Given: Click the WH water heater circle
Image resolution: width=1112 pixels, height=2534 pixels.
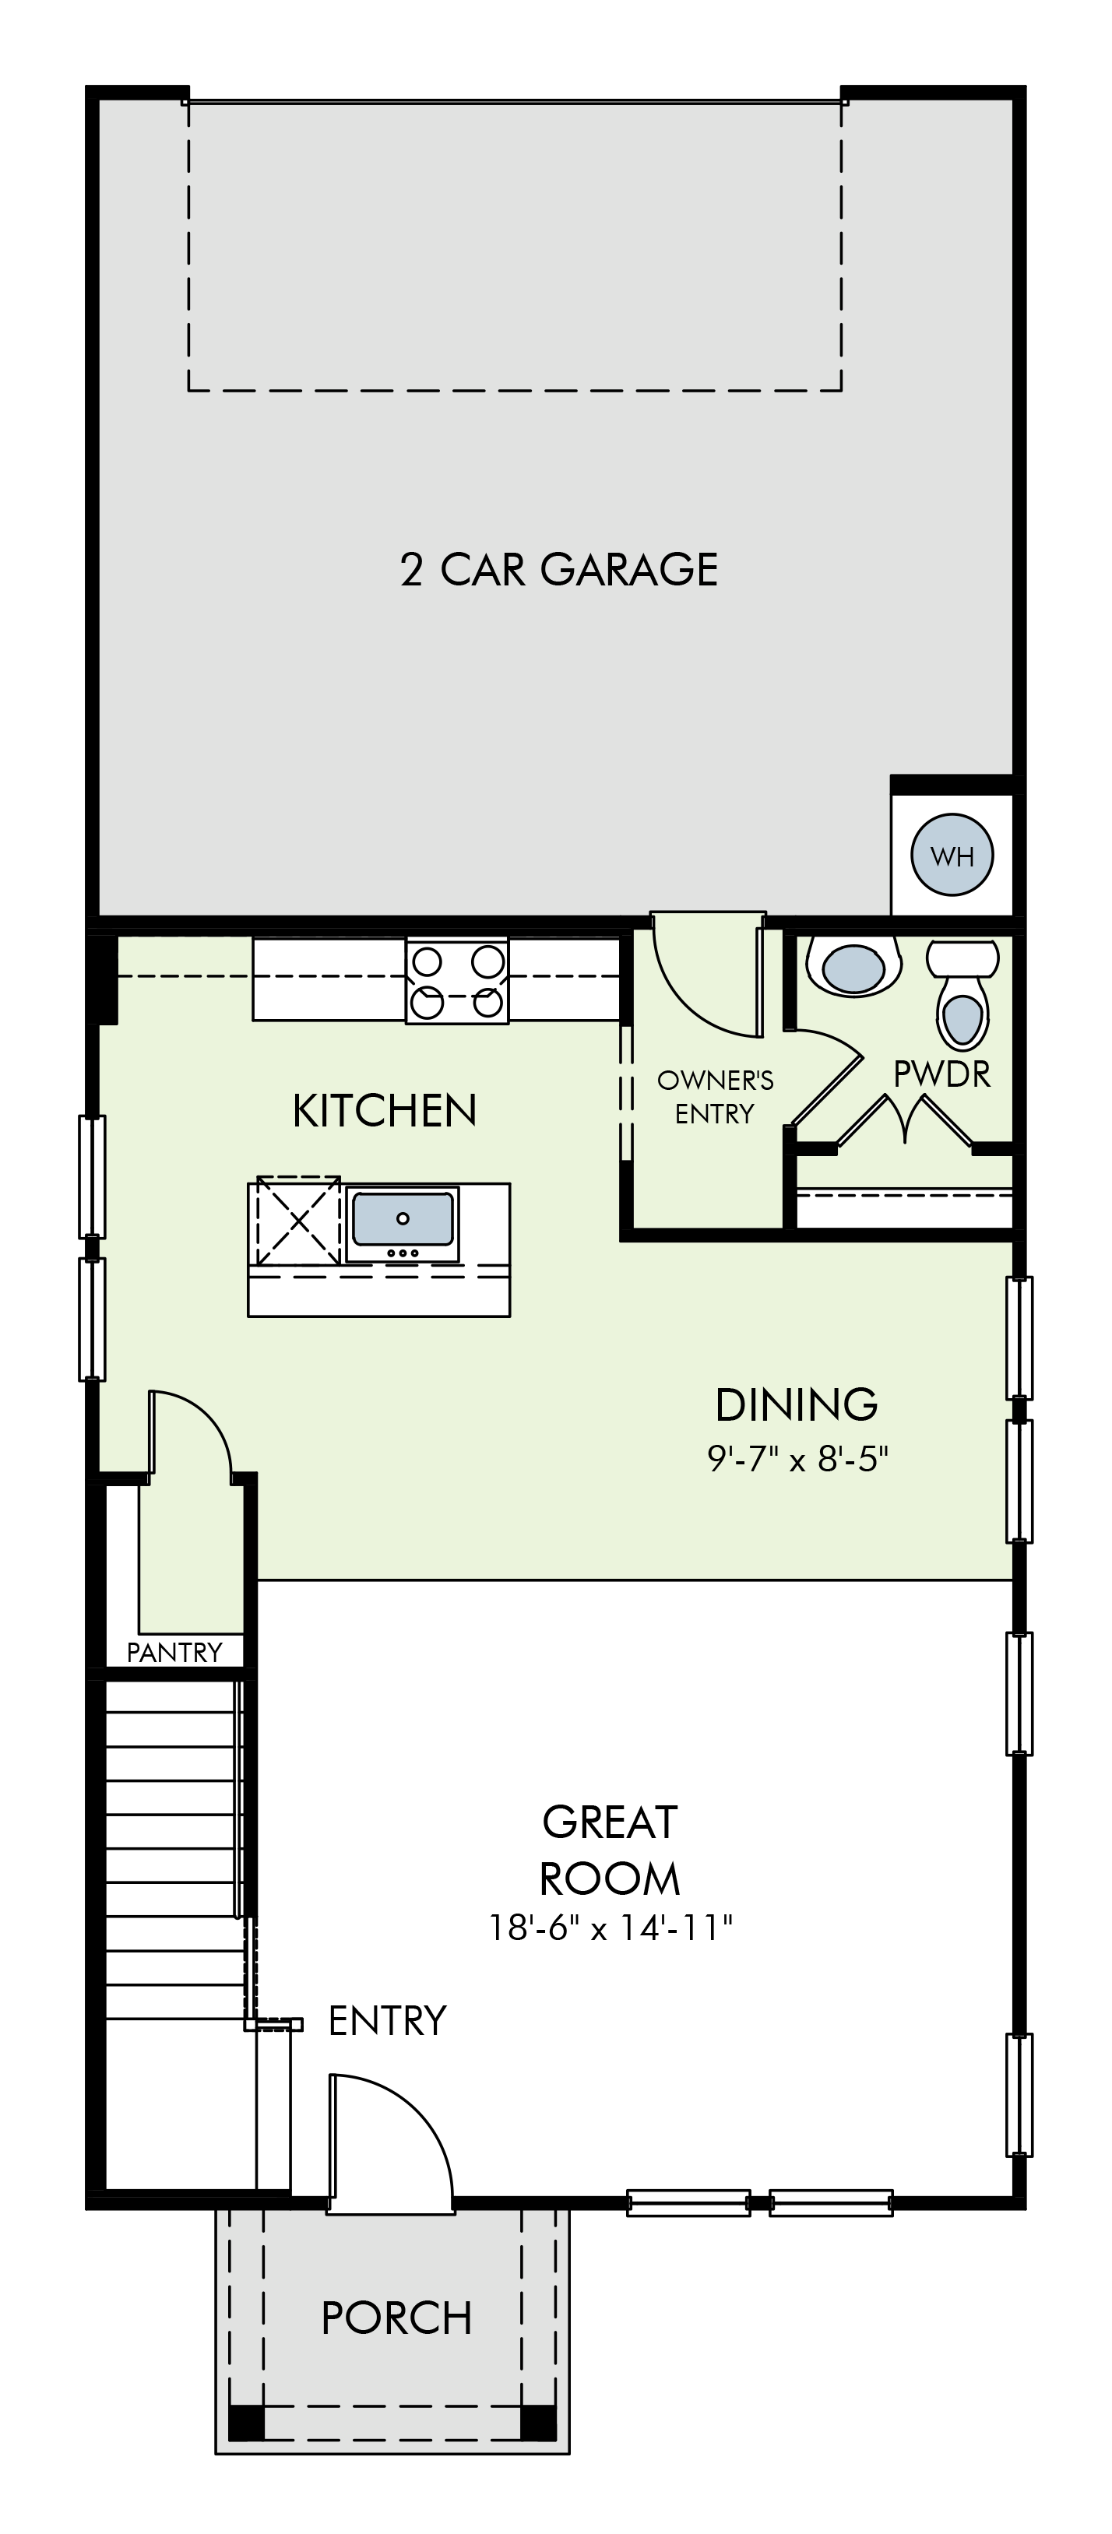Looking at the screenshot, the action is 952,855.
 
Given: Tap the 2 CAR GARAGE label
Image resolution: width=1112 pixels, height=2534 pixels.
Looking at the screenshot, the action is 559,570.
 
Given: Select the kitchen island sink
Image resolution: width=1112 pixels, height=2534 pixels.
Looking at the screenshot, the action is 403,1225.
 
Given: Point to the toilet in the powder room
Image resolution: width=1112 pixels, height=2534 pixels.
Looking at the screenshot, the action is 963,993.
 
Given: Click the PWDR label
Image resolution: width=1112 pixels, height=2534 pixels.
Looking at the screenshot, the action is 941,1074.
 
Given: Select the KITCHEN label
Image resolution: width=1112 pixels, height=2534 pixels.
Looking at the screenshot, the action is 385,1111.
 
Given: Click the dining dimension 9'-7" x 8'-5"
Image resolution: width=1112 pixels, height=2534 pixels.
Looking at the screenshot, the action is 798,1458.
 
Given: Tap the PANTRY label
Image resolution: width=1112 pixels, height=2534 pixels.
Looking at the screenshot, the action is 174,1652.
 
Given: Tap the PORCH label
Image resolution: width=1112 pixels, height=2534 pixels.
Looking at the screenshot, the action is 396,2318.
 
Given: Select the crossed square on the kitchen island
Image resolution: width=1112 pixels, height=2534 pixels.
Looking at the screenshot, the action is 298,1220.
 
